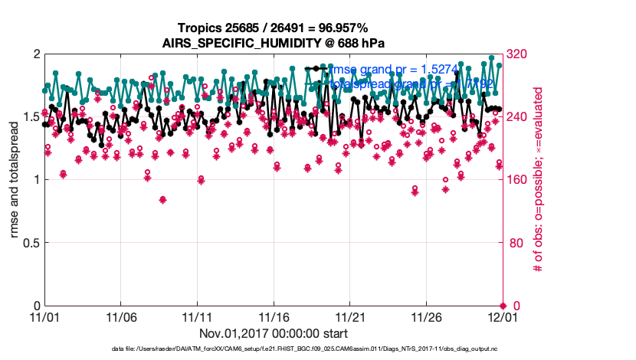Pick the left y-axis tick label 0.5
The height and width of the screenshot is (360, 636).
[29, 243]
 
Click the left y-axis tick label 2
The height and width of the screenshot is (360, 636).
[36, 54]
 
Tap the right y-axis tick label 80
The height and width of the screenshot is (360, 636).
[516, 243]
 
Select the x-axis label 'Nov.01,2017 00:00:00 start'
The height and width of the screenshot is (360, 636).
[274, 333]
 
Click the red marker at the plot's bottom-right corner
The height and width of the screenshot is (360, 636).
[503, 306]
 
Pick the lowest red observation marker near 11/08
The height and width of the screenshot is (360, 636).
[162, 200]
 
